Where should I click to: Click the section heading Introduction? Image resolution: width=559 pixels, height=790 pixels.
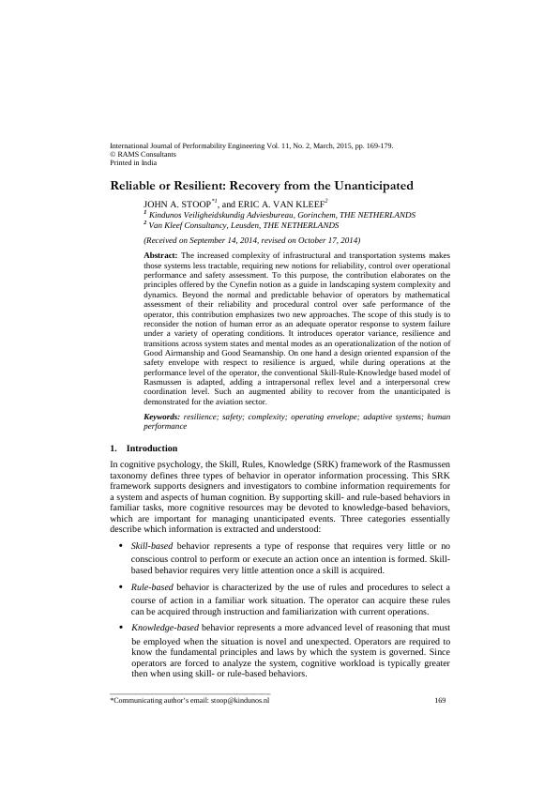(151, 448)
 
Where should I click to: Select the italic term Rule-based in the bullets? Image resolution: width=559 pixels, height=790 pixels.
(151, 586)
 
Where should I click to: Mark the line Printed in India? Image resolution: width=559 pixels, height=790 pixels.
(133, 162)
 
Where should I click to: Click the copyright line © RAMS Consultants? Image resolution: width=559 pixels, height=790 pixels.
(144, 155)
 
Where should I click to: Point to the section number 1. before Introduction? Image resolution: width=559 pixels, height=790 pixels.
(113, 448)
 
